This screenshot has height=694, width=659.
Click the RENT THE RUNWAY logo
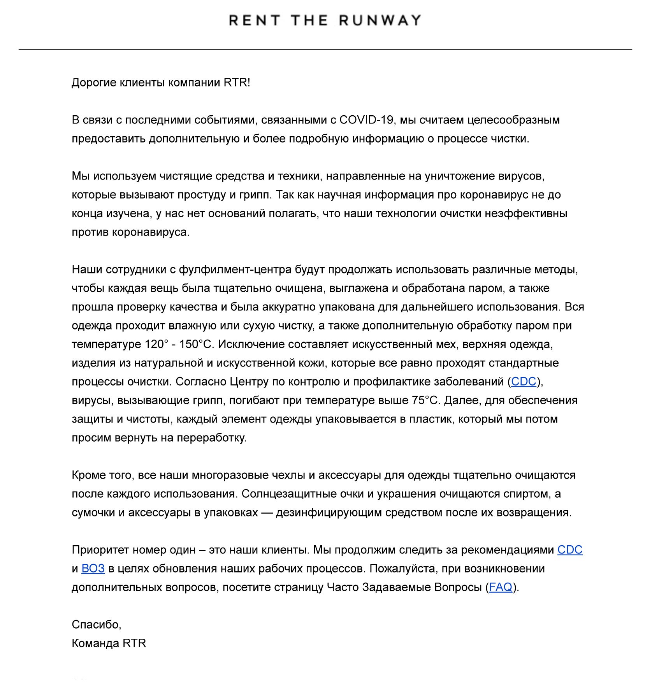click(x=325, y=20)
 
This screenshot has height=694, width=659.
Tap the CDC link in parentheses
click(x=524, y=382)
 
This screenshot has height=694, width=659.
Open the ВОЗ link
click(x=93, y=569)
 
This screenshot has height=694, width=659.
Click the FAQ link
click(x=501, y=587)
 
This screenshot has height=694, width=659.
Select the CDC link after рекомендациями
click(x=570, y=550)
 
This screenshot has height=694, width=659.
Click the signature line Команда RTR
click(x=109, y=643)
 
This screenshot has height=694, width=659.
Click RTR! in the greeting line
click(x=237, y=83)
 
